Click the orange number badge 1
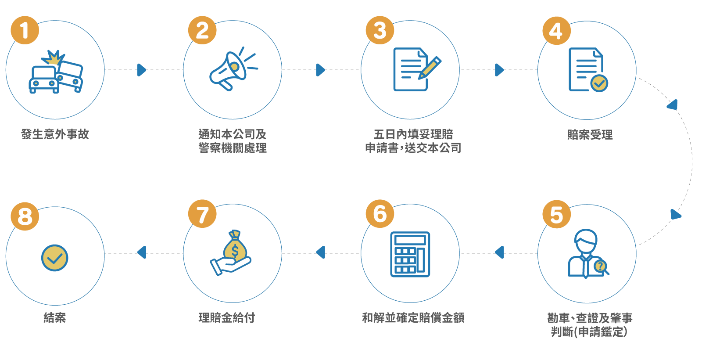tap(25, 30)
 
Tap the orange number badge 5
tap(557, 214)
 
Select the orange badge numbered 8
tap(25, 216)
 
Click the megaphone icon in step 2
tap(233, 69)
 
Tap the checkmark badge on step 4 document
tap(599, 83)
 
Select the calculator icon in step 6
tap(410, 254)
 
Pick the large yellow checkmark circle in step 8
tap(54, 258)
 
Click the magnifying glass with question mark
tap(601, 267)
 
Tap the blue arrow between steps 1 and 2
tap(142, 70)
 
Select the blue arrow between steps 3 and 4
tap(499, 70)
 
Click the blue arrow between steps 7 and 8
tap(142, 252)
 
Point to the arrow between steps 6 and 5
tap(499, 252)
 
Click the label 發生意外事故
tap(55, 134)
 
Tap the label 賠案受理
tap(590, 135)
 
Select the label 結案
tap(55, 318)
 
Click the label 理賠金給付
tap(226, 318)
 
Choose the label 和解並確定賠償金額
tap(413, 318)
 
